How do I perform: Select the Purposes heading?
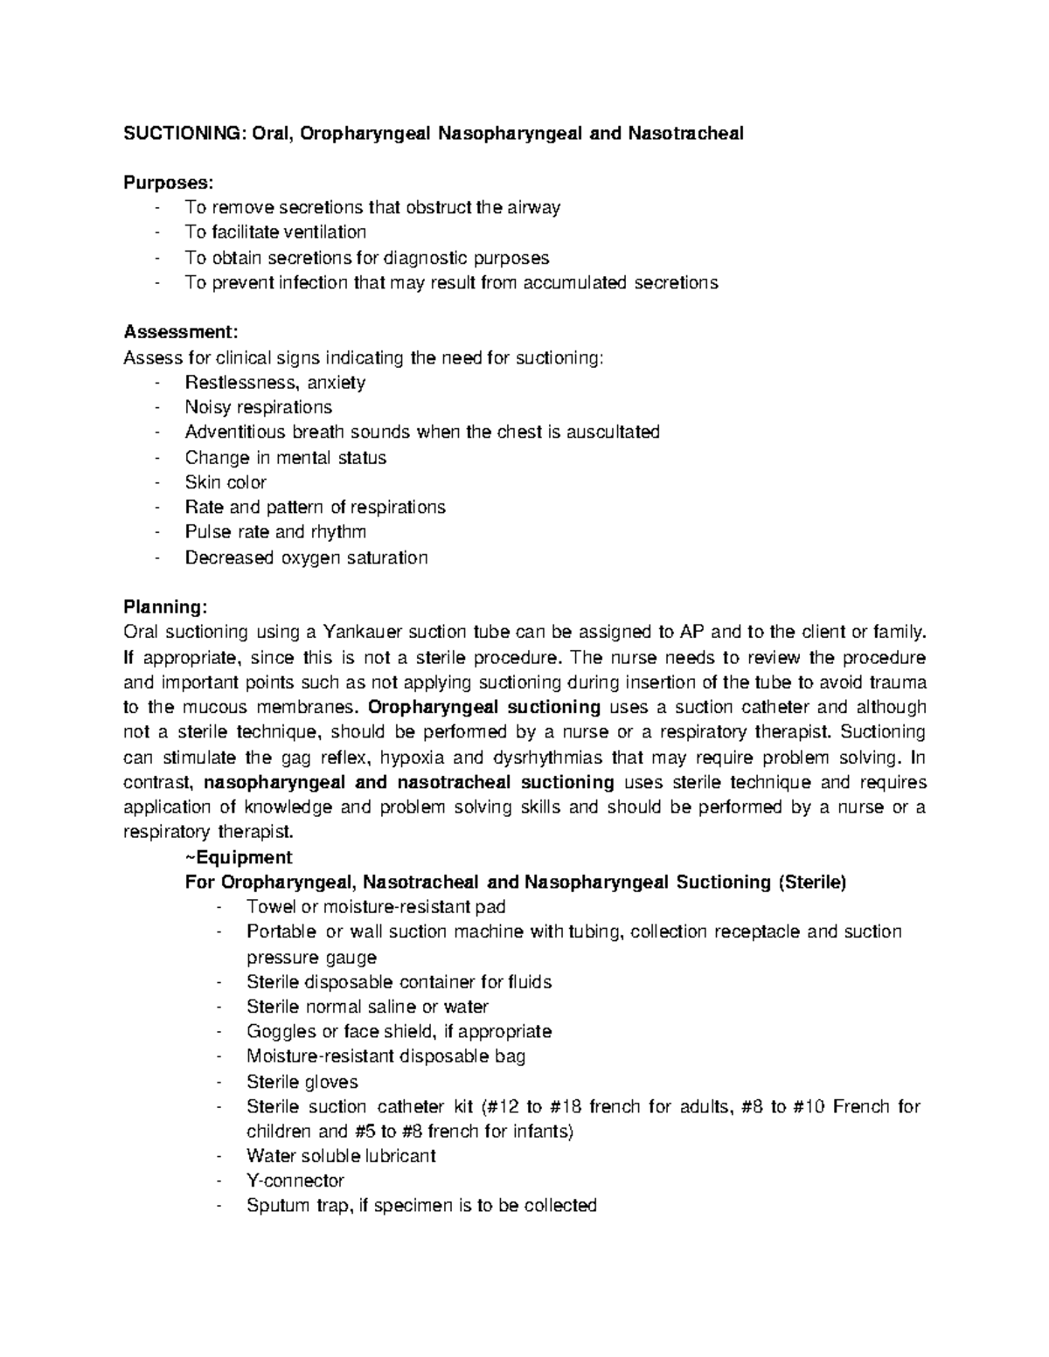click(x=168, y=183)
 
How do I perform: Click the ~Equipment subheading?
click(x=239, y=857)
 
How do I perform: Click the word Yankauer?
click(x=364, y=632)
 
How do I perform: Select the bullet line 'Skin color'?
click(x=226, y=482)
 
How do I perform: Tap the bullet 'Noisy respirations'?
click(x=258, y=407)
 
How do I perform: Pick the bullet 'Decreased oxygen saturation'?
click(x=306, y=557)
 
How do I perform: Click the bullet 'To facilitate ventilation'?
click(x=275, y=232)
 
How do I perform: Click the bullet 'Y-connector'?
click(x=295, y=1181)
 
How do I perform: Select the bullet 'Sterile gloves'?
click(x=302, y=1082)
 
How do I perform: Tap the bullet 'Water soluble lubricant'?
click(x=341, y=1156)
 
